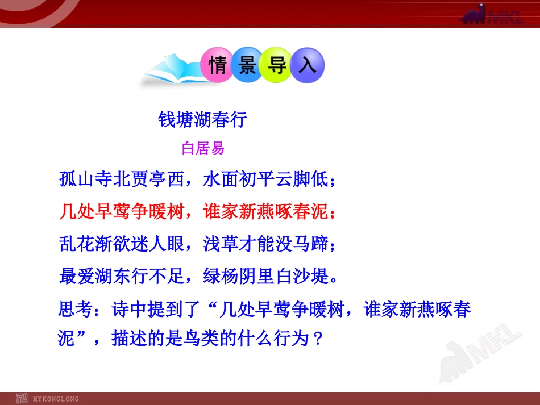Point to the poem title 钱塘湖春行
click(x=202, y=120)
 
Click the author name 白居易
click(x=203, y=149)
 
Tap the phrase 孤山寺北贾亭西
click(x=122, y=180)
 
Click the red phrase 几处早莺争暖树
click(x=122, y=212)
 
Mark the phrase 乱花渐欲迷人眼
click(x=122, y=245)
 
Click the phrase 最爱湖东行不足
click(x=122, y=277)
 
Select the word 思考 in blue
click(x=73, y=310)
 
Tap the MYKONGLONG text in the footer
click(x=56, y=399)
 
